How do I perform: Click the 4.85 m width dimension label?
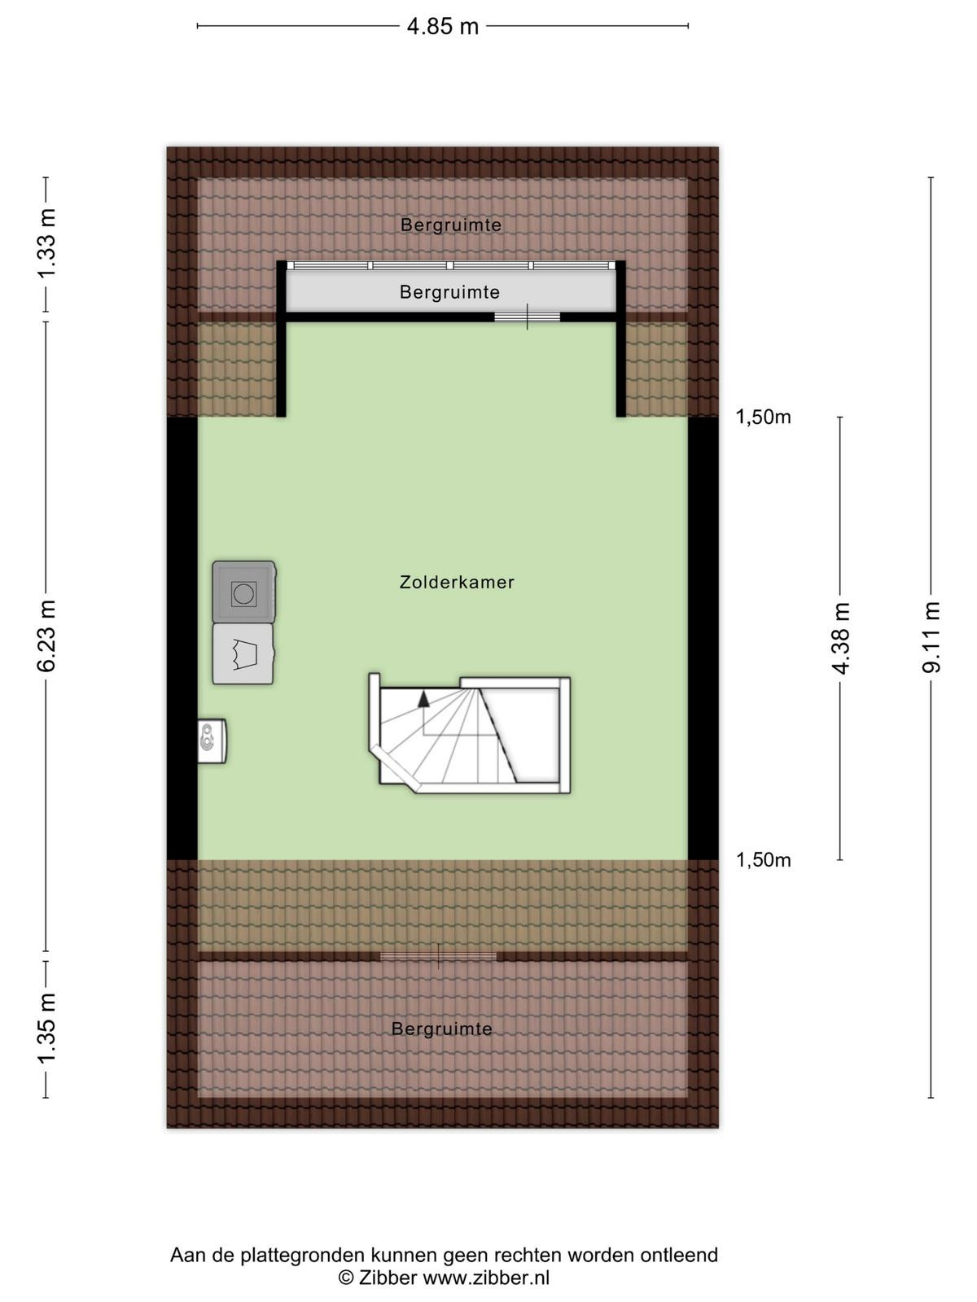coord(443,26)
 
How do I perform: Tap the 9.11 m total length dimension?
coord(931,638)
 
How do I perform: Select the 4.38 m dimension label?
coord(840,638)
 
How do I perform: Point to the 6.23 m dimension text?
coord(46,636)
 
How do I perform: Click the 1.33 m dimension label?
coord(46,242)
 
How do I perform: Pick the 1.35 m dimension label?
coord(46,1029)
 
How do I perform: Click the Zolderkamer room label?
coord(457,582)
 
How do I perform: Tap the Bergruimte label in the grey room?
coord(449,292)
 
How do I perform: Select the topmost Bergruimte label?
coord(451,225)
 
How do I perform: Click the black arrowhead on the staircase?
coord(423,699)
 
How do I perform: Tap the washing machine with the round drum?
coord(243,592)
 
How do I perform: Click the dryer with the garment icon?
coord(243,653)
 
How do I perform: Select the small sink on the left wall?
coord(212,741)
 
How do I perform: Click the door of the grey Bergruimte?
coord(528,317)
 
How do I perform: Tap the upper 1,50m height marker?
coord(764,417)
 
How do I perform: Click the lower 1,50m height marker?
coord(764,859)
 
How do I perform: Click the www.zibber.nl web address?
coord(486,1277)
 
